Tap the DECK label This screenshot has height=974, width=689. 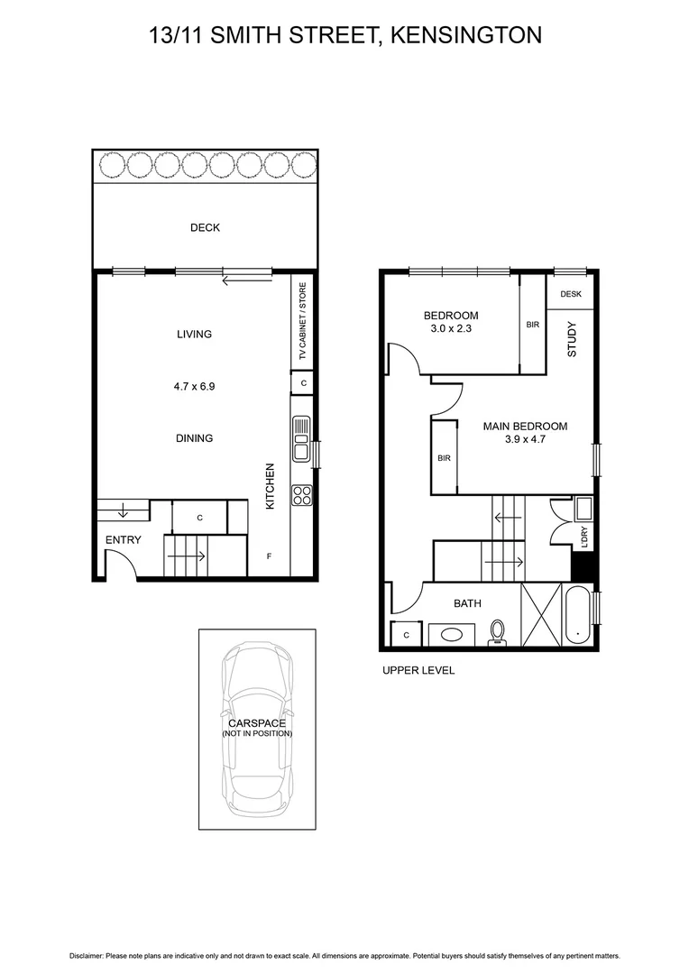tap(205, 227)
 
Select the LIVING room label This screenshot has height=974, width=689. tap(194, 334)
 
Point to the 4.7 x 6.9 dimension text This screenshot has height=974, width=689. tap(194, 386)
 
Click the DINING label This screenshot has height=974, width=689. tap(194, 438)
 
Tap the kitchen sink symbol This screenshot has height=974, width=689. tap(301, 440)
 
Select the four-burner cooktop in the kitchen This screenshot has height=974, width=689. tap(301, 495)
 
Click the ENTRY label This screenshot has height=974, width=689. tap(123, 540)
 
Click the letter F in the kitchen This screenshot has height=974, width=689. tap(269, 556)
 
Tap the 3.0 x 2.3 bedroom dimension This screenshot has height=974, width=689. tap(451, 330)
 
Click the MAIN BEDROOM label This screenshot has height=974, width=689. tap(525, 427)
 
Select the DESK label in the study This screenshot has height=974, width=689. tap(571, 294)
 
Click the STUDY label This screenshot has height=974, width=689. tap(572, 340)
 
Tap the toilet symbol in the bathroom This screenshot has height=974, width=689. tap(497, 633)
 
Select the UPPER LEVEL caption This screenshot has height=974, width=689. tap(418, 670)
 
